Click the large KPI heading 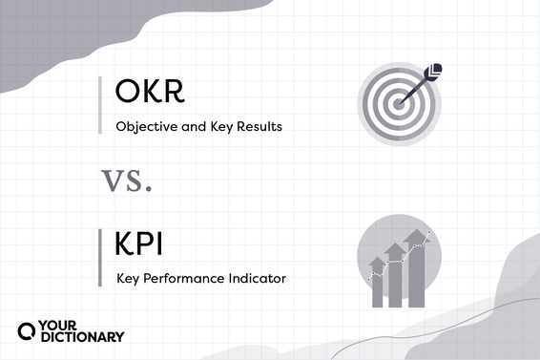click(139, 245)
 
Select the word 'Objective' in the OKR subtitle click(143, 126)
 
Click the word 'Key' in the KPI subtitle click(128, 279)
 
